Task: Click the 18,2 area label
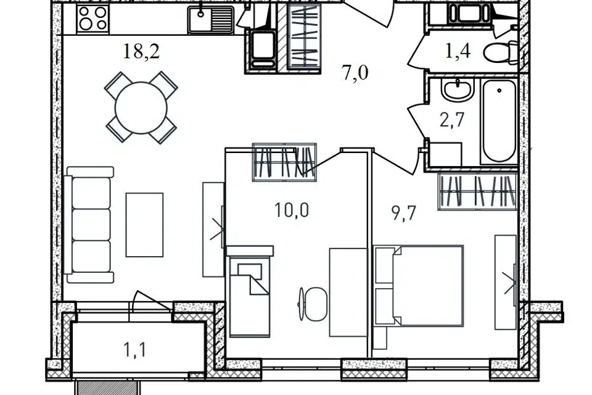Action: pyautogui.click(x=142, y=51)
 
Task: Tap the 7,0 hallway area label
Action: pyautogui.click(x=355, y=73)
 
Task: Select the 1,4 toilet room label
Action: pyautogui.click(x=458, y=51)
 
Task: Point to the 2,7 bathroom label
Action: pyautogui.click(x=451, y=121)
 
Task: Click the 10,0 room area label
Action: pyautogui.click(x=292, y=210)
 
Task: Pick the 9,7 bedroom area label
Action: pyautogui.click(x=404, y=214)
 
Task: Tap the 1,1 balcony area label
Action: pyautogui.click(x=135, y=350)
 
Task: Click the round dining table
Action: pyautogui.click(x=141, y=108)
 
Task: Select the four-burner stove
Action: pyautogui.click(x=92, y=19)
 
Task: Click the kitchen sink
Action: pyautogui.click(x=211, y=19)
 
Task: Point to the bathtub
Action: pyautogui.click(x=499, y=122)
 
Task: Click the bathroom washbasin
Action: pyautogui.click(x=458, y=91)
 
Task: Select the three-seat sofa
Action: pyautogui.click(x=89, y=225)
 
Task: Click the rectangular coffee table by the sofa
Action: pyautogui.click(x=144, y=225)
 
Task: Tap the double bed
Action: pyautogui.click(x=419, y=285)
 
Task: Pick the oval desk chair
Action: pyautogui.click(x=315, y=304)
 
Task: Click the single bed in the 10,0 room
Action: pyautogui.click(x=249, y=291)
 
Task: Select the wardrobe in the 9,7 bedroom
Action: pyautogui.click(x=477, y=191)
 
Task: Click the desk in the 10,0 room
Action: pyautogui.click(x=348, y=292)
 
